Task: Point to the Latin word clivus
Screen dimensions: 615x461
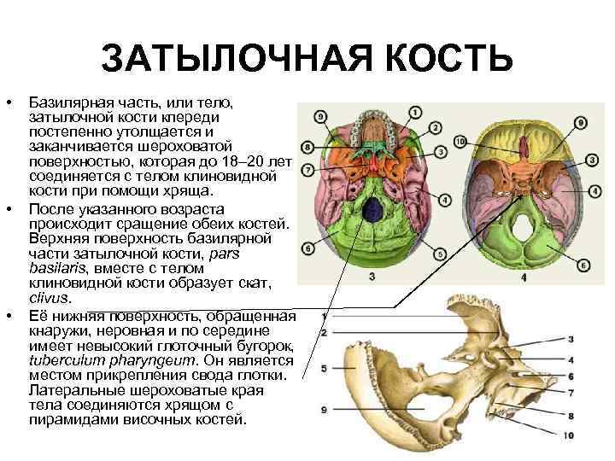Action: pyautogui.click(x=48, y=300)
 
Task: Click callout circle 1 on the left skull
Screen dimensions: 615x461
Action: pyautogui.click(x=415, y=112)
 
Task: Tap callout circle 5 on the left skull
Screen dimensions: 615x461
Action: pyautogui.click(x=439, y=254)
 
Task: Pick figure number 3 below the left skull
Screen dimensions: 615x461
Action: pyautogui.click(x=372, y=276)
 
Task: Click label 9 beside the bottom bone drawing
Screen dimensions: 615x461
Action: pyautogui.click(x=324, y=411)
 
